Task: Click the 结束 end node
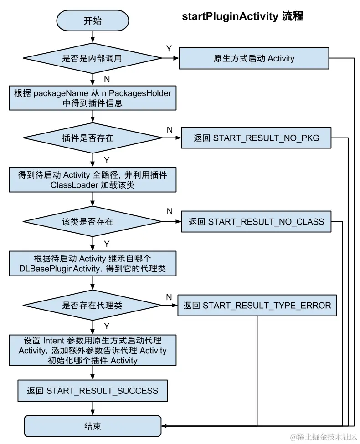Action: pyautogui.click(x=93, y=426)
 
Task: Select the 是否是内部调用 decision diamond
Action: pyautogui.click(x=93, y=58)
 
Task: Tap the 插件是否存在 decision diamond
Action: pyautogui.click(x=93, y=138)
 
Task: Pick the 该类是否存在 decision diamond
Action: pyautogui.click(x=93, y=222)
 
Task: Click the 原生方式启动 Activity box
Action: pyautogui.click(x=254, y=58)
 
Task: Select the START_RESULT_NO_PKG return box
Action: pyautogui.click(x=256, y=138)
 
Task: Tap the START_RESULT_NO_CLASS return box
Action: pyautogui.click(x=256, y=222)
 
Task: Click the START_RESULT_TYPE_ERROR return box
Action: pyautogui.click(x=257, y=305)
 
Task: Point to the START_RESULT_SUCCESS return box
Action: pyautogui.click(x=93, y=391)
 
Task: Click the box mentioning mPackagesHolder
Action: pyautogui.click(x=93, y=98)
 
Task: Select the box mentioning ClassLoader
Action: pyautogui.click(x=93, y=180)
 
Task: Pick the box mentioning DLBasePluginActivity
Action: pyautogui.click(x=93, y=264)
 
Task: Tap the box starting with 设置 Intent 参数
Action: pyautogui.click(x=93, y=350)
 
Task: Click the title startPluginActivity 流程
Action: pyautogui.click(x=242, y=17)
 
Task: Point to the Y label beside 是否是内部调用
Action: pyautogui.click(x=169, y=48)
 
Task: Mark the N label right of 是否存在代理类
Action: pyautogui.click(x=169, y=297)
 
